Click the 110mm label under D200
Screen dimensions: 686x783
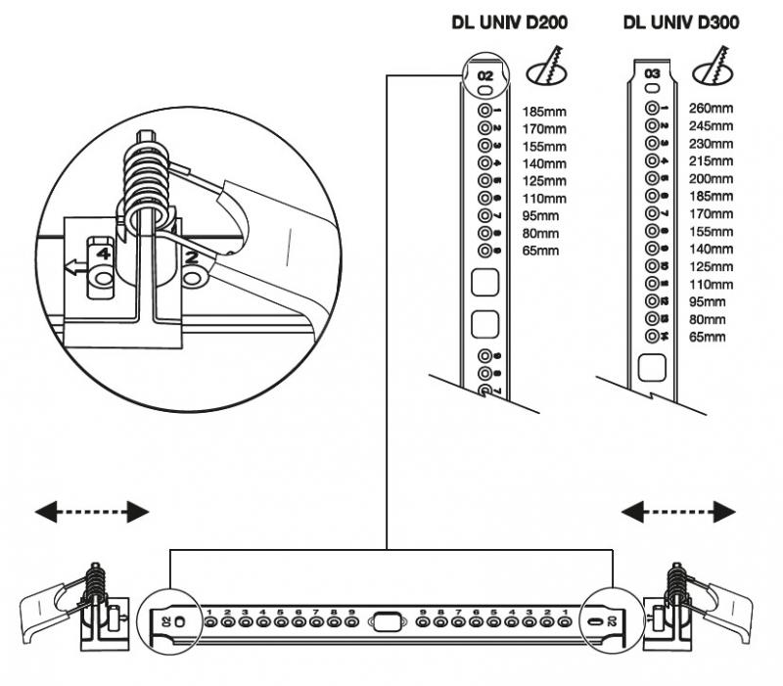pyautogui.click(x=542, y=198)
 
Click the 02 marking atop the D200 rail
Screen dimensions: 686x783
pyautogui.click(x=485, y=74)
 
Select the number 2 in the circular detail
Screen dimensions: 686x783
pyautogui.click(x=192, y=258)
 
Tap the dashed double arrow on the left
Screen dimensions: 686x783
pyautogui.click(x=93, y=511)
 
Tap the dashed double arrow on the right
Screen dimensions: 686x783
pyautogui.click(x=679, y=511)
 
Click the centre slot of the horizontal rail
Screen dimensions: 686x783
pyautogui.click(x=386, y=620)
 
